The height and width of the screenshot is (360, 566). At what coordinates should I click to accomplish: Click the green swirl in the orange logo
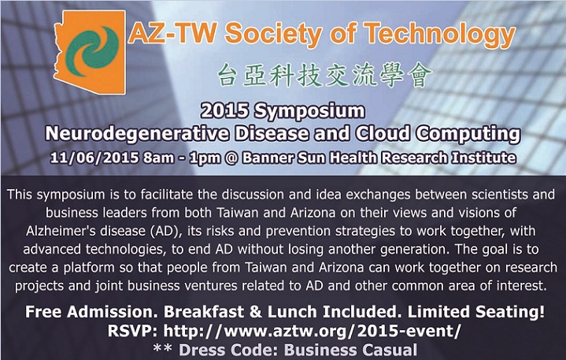point(92,51)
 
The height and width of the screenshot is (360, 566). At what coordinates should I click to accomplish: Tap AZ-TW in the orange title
point(172,32)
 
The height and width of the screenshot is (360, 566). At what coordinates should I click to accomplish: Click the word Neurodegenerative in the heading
point(137,134)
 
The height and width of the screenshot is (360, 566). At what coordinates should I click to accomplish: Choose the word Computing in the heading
point(468,134)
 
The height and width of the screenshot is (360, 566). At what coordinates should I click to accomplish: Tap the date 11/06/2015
point(94,158)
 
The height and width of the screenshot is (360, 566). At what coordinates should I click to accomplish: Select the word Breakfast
point(204,312)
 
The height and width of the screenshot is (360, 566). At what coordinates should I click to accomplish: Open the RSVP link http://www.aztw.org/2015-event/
point(312,331)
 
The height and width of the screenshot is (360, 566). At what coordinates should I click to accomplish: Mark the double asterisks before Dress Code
point(163,348)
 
